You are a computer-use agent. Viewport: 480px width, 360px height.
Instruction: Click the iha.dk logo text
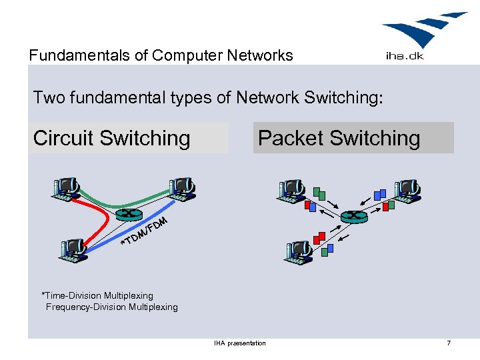point(405,56)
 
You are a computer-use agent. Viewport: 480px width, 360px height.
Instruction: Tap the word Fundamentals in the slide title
point(79,55)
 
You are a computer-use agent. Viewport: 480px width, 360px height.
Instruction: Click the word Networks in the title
point(260,55)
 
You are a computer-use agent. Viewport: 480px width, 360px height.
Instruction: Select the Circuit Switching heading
point(112,138)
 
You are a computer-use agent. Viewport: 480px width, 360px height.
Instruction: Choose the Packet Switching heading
point(339,138)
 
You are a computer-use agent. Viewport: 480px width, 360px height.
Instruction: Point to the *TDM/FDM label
point(144,231)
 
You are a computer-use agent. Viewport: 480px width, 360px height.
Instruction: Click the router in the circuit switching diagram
point(129,214)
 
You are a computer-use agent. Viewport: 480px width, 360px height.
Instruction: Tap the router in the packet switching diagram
point(354,217)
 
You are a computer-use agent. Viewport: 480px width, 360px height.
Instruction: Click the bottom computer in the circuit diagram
point(72,250)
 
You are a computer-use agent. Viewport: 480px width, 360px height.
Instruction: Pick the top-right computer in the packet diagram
point(407,191)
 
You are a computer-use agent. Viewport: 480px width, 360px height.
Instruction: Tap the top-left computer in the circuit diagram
point(66,189)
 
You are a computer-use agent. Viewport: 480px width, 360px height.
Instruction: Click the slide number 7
point(449,343)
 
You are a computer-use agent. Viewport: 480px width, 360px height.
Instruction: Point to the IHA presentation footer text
point(240,343)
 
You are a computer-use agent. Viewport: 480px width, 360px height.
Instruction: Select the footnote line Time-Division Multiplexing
point(97,296)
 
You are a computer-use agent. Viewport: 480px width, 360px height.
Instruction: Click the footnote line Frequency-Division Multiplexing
point(112,307)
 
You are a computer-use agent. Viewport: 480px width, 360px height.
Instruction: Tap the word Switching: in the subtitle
point(343,98)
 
